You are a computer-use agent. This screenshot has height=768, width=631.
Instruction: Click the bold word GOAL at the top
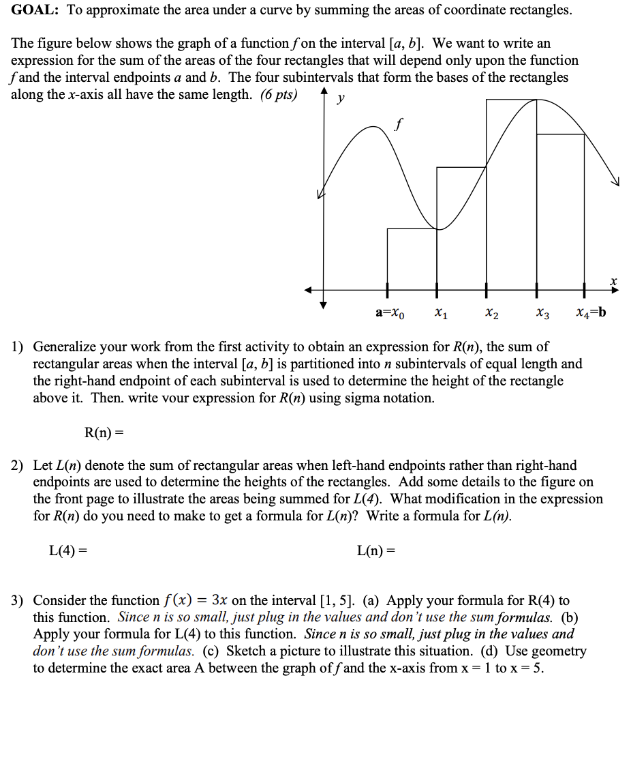[x=34, y=11]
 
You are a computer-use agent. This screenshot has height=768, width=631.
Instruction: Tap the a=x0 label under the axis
[x=390, y=314]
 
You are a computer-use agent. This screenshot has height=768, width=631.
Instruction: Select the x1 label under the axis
[x=441, y=314]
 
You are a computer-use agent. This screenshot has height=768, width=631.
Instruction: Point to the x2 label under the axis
[x=491, y=314]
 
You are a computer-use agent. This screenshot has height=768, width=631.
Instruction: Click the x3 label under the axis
[x=542, y=314]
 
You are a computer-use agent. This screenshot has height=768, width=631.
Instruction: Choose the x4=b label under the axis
[x=590, y=314]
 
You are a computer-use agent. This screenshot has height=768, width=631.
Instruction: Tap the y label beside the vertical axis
[x=341, y=99]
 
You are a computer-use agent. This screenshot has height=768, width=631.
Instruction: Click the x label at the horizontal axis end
[x=613, y=280]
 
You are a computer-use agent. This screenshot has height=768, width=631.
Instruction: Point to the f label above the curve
[x=398, y=125]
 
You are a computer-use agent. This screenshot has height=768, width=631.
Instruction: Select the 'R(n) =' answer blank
[x=105, y=432]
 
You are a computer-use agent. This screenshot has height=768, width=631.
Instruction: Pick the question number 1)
[x=18, y=347]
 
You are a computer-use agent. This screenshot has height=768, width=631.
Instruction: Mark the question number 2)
[x=18, y=466]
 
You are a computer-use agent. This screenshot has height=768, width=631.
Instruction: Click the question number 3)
[x=18, y=601]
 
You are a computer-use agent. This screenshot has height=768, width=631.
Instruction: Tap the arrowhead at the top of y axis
[x=324, y=94]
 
